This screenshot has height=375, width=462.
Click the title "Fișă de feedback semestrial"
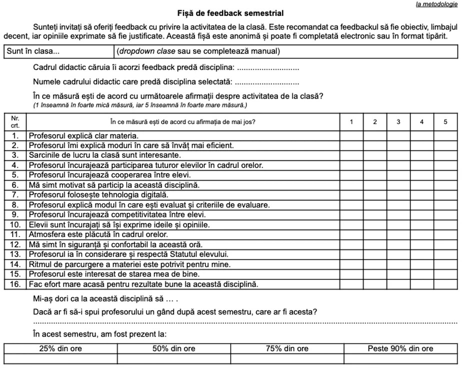pos(230,13)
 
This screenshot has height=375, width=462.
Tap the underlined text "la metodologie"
pos(436,4)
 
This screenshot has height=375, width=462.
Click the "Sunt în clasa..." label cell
pos(59,51)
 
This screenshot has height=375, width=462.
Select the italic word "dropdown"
pos(133,51)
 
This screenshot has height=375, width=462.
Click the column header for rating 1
pos(351,122)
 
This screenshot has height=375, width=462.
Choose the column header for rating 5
pos(445,122)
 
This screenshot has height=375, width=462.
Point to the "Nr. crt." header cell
pos(15,122)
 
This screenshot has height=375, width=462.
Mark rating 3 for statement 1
pos(398,136)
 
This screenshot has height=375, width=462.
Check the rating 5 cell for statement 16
pos(445,284)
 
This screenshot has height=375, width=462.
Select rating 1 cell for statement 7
pos(351,195)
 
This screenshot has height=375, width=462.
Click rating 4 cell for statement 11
pos(422,235)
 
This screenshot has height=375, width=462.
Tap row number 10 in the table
pos(15,225)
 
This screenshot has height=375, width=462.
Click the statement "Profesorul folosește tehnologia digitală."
pos(98,195)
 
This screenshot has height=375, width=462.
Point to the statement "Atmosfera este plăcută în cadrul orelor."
pos(98,235)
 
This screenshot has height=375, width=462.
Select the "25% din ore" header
pos(60,348)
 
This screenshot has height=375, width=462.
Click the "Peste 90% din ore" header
pos(400,348)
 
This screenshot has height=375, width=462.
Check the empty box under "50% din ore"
pos(174,358)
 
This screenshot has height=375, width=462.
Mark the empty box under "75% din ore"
pos(287,358)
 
